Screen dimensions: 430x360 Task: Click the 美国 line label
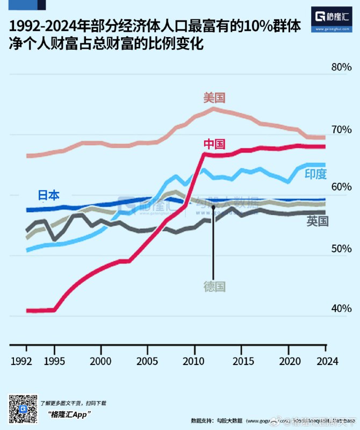click(214, 98)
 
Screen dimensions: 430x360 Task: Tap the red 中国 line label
click(214, 144)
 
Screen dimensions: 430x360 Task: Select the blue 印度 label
click(315, 174)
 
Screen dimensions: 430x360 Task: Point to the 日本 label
click(48, 196)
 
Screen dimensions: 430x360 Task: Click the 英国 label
click(318, 221)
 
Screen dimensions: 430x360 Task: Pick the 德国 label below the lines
click(214, 286)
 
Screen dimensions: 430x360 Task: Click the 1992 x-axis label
click(21, 361)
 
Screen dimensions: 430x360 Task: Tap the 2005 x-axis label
click(147, 361)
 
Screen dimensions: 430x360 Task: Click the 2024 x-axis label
click(325, 361)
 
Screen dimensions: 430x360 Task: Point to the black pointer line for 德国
click(213, 247)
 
